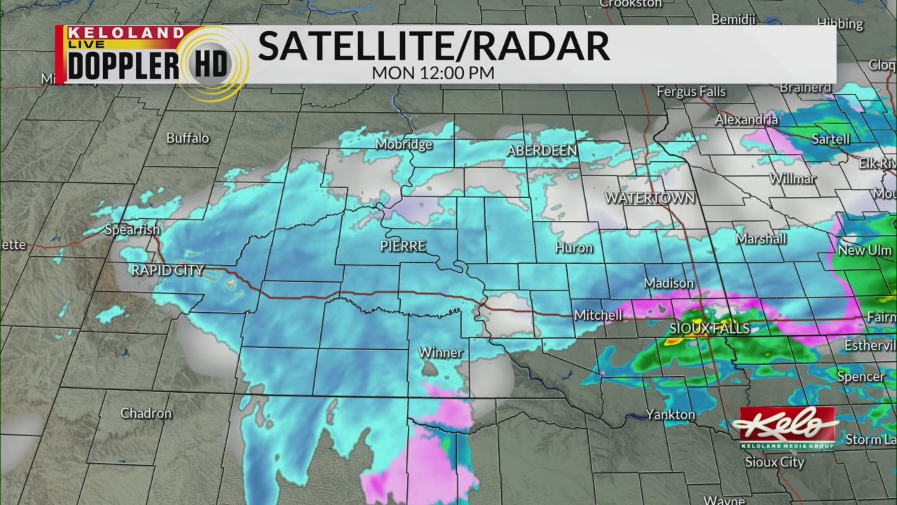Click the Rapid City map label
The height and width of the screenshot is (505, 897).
pos(167,270)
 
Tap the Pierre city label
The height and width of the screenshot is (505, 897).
pos(403,246)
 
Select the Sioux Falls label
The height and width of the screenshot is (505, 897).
pos(709,328)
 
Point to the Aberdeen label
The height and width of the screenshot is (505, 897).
pos(542,151)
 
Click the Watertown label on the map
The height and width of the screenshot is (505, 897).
pos(650,198)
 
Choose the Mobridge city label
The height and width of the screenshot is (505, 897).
pos(404,144)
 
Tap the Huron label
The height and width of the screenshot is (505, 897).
pos(574,248)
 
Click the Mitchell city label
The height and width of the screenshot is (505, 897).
pos(598,316)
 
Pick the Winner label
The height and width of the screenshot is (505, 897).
pos(440,352)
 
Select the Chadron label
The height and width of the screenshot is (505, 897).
pos(146,413)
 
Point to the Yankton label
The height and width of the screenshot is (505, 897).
pos(671,415)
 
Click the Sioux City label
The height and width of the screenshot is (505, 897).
pos(774,462)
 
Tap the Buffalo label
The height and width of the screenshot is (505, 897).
pos(188,138)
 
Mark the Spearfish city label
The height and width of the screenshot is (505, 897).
pos(132,229)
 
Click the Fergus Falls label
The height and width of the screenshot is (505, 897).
pos(691,92)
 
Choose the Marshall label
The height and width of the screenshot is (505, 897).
pos(761,239)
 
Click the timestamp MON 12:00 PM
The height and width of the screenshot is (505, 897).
pos(433,72)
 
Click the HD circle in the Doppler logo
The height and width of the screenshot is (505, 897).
pos(210,65)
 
